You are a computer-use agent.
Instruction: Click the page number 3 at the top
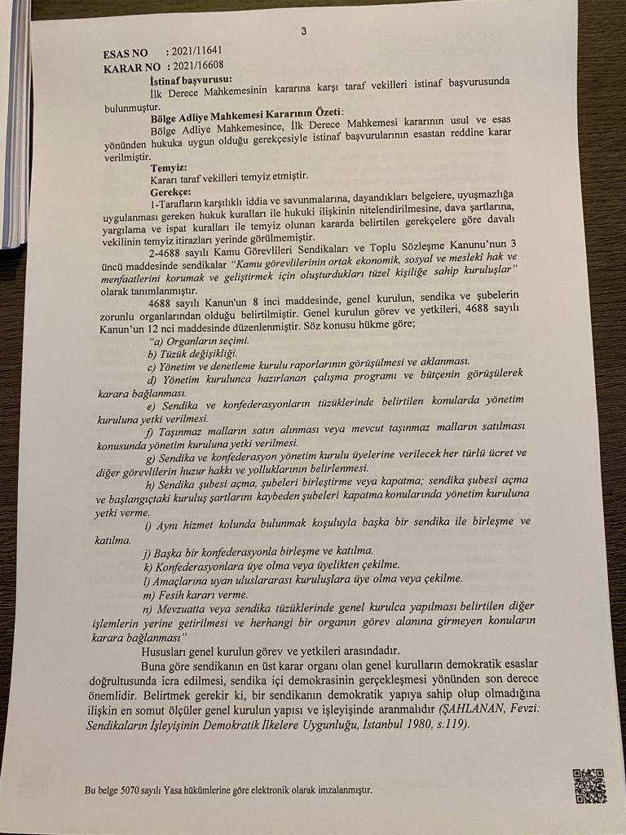point(303,33)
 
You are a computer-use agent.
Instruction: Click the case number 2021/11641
point(196,51)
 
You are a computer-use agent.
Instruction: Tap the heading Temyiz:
point(169,167)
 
